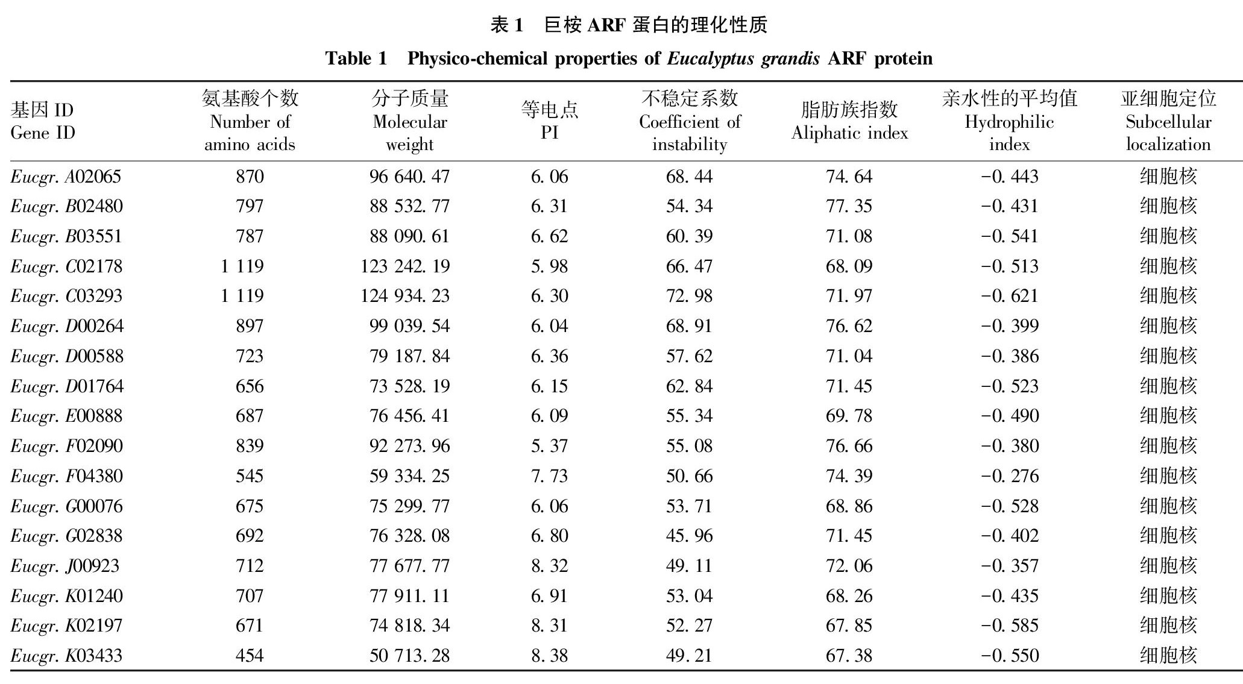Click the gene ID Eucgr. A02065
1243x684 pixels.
(x=66, y=177)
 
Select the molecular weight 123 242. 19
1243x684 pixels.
(x=405, y=266)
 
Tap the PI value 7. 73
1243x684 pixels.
(x=549, y=476)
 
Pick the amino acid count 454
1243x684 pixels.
(x=250, y=656)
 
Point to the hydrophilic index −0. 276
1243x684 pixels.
(x=1010, y=476)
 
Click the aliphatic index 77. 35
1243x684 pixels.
(x=849, y=206)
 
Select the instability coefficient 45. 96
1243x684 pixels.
(x=689, y=536)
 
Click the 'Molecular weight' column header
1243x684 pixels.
(x=410, y=121)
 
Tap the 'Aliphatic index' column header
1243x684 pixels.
(x=849, y=121)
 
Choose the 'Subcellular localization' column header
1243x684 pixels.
(x=1168, y=121)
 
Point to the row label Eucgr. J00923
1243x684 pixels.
(x=65, y=566)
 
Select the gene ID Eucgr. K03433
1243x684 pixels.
(x=66, y=656)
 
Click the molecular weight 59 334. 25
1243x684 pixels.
(x=410, y=476)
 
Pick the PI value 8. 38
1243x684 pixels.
(x=549, y=656)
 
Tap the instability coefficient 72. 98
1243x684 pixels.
(x=689, y=296)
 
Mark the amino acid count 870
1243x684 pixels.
(x=250, y=177)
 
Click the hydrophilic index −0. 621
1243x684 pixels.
(x=1010, y=296)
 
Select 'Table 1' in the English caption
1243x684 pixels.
(x=356, y=58)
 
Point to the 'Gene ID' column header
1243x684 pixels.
(x=43, y=121)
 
